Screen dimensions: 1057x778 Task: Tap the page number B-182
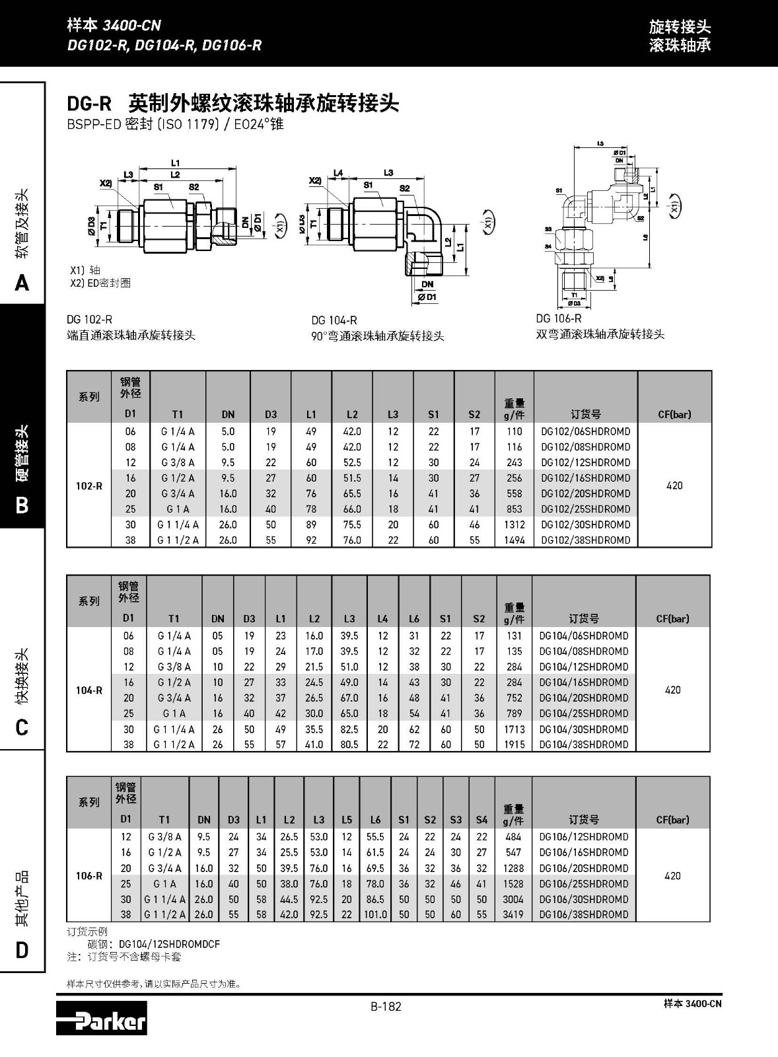click(386, 1007)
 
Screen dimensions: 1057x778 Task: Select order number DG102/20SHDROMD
click(585, 493)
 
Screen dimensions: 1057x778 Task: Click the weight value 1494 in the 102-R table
click(514, 540)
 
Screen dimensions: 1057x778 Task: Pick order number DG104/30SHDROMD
click(583, 729)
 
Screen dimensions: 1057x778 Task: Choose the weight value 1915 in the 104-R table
click(514, 745)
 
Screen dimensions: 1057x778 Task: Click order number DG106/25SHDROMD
click(583, 884)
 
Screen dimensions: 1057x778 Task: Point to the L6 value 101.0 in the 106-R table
click(375, 915)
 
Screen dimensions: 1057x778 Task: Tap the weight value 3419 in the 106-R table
click(513, 915)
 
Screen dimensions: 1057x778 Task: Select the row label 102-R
click(88, 486)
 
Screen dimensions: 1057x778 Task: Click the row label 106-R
click(88, 876)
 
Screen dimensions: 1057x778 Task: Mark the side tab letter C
click(22, 728)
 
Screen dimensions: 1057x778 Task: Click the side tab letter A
click(22, 283)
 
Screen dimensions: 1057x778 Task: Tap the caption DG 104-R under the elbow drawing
click(334, 320)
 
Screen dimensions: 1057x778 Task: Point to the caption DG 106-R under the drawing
click(559, 318)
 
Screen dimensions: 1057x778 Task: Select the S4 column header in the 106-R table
click(481, 820)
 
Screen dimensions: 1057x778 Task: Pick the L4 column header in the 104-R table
click(382, 619)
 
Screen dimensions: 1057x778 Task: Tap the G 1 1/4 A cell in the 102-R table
click(178, 525)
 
